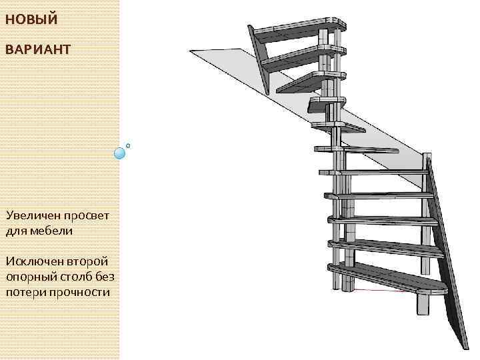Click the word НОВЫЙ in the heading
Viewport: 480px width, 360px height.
point(31,19)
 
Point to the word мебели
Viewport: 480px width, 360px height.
point(51,231)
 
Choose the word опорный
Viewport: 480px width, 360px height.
point(30,276)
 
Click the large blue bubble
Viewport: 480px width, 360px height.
point(120,153)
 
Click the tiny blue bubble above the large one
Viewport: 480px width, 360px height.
point(128,145)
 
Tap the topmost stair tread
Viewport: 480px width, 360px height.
point(300,27)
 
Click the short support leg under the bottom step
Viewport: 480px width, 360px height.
point(423,304)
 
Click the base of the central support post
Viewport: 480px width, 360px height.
point(348,283)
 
